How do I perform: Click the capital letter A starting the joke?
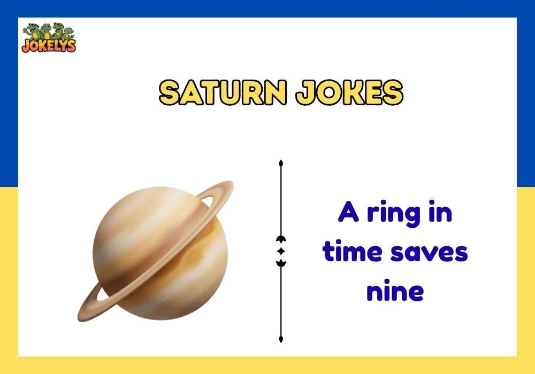pos(348,213)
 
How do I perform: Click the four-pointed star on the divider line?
pos(281,251)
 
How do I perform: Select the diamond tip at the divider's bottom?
pos(281,339)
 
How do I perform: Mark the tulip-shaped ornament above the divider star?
pos(281,239)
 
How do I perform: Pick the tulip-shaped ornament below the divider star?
pos(281,262)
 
